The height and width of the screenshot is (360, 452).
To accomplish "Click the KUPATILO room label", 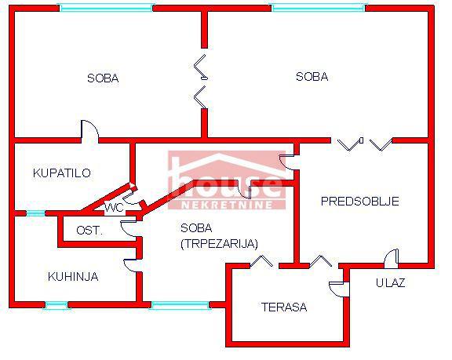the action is click(x=62, y=173).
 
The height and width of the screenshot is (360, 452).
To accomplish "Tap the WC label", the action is click(x=114, y=207).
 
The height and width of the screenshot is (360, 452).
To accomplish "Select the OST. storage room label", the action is click(x=89, y=231).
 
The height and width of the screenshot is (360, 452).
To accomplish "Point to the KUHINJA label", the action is click(x=73, y=277).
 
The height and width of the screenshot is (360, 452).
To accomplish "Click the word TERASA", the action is click(x=284, y=307).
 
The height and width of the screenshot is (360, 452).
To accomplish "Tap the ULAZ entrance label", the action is click(x=391, y=283).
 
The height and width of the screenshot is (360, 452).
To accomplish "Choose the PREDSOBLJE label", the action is click(x=360, y=201).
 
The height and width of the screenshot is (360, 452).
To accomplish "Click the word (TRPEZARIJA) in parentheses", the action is click(x=219, y=244).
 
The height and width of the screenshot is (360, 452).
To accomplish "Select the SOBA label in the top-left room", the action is click(x=103, y=78).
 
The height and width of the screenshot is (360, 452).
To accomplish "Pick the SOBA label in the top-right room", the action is click(x=312, y=77).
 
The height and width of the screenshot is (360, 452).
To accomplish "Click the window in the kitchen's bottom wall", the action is click(x=56, y=305).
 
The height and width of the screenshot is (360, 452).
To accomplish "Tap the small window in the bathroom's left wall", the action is click(x=36, y=213).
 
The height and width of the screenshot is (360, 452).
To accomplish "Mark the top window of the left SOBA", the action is click(x=106, y=8).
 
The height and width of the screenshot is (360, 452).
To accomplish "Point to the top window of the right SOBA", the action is click(x=319, y=8).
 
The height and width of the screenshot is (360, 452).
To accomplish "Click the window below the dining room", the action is click(x=180, y=305).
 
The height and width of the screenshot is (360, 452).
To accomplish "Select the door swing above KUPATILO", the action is click(x=90, y=131).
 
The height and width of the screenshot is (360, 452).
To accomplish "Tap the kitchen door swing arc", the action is click(x=130, y=265).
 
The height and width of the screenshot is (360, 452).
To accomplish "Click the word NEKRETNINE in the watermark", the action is click(x=227, y=205).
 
